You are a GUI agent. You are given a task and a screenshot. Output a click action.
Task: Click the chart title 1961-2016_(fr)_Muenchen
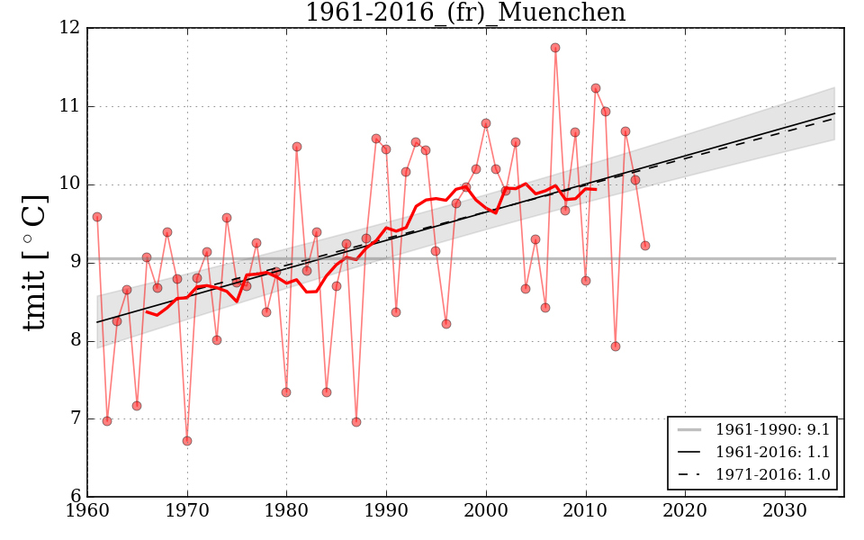click(464, 13)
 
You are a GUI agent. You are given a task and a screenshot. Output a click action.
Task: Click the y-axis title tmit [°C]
click(34, 262)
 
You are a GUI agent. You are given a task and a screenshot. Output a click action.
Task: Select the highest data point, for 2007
click(555, 48)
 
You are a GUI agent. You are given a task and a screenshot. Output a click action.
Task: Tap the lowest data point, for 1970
click(187, 441)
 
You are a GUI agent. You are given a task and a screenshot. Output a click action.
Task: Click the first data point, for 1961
click(97, 217)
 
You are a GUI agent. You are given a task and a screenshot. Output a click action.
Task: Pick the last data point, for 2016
click(645, 246)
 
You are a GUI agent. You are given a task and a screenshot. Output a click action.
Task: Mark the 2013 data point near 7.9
click(616, 346)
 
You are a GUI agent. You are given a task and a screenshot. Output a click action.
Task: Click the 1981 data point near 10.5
click(297, 147)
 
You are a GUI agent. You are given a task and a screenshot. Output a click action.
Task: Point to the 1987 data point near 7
click(356, 422)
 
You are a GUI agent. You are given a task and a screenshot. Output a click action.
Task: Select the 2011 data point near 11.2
click(596, 88)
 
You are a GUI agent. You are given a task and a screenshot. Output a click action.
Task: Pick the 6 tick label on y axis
click(75, 496)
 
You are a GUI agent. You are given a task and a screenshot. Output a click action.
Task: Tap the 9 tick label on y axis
click(75, 262)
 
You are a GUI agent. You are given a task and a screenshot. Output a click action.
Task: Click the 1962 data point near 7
click(107, 421)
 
